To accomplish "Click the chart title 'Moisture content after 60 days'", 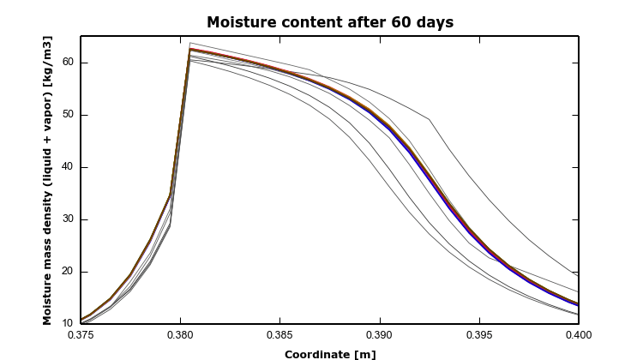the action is pyautogui.click(x=330, y=22).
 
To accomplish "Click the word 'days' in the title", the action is pyautogui.click(x=435, y=22).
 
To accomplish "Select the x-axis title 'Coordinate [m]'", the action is pyautogui.click(x=330, y=354).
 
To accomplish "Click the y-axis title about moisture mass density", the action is pyautogui.click(x=47, y=180).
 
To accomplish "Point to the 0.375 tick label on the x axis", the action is pyautogui.click(x=81, y=335).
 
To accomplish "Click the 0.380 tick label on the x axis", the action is pyautogui.click(x=180, y=335).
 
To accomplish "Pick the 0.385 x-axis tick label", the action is pyautogui.click(x=280, y=335).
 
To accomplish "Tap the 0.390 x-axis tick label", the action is pyautogui.click(x=380, y=335).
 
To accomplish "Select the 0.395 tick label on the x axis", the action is pyautogui.click(x=479, y=335).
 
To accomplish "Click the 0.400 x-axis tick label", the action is pyautogui.click(x=579, y=335).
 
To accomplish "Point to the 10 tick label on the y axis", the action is pyautogui.click(x=68, y=323).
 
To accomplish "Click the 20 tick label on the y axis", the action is pyautogui.click(x=68, y=272).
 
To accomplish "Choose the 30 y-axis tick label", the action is pyautogui.click(x=68, y=219).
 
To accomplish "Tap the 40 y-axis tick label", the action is pyautogui.click(x=68, y=167).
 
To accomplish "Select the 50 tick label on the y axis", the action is pyautogui.click(x=68, y=115).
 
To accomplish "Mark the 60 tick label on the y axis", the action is pyautogui.click(x=68, y=63).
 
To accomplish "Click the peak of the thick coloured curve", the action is pyautogui.click(x=190, y=49).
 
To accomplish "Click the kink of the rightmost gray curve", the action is pyautogui.click(x=430, y=119).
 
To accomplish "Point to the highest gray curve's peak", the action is pyautogui.click(x=190, y=43).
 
